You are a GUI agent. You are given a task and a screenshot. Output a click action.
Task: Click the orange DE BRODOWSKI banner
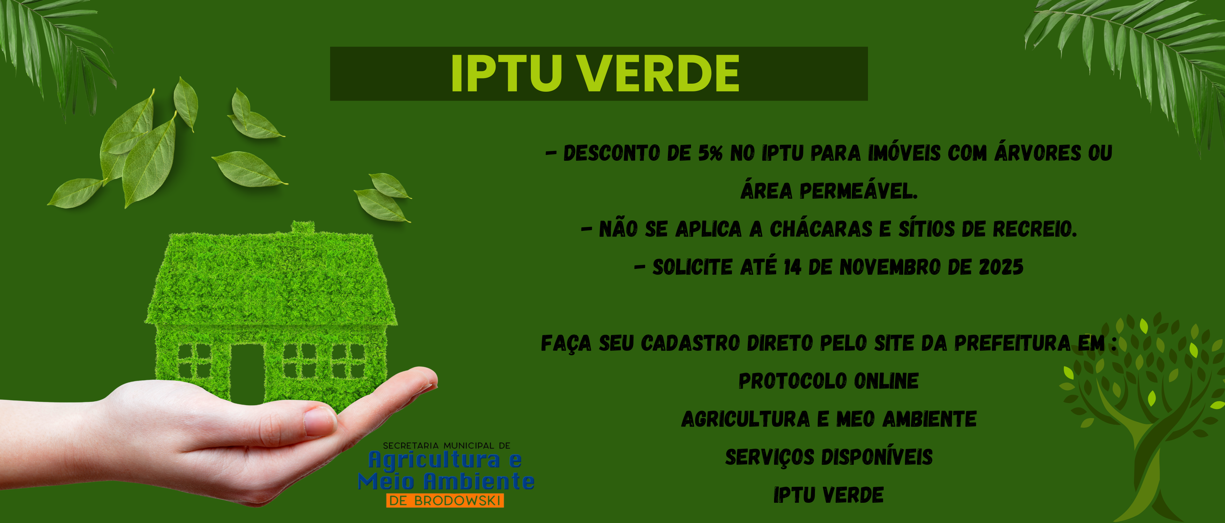[x=445, y=501]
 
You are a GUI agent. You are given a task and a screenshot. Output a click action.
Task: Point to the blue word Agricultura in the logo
[x=435, y=459]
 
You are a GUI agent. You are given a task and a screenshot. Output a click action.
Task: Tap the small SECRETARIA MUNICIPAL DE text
[x=446, y=446]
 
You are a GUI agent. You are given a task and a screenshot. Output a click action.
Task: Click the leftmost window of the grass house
[x=194, y=361]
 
